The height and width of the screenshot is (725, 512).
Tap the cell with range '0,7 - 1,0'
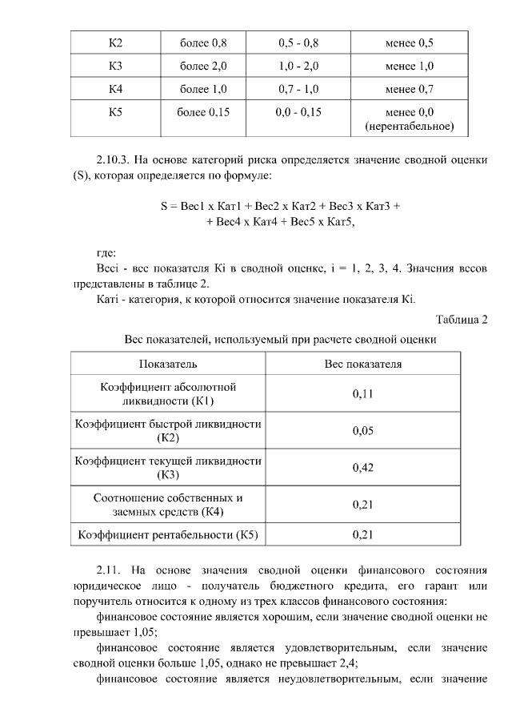coord(299,89)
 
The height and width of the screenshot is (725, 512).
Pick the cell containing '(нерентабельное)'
coord(409,127)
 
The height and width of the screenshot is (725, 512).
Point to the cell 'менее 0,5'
coord(409,42)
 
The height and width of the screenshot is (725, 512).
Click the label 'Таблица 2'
coord(462,320)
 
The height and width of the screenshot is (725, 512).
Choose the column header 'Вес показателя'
coord(362,364)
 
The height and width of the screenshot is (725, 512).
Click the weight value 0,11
coord(362,393)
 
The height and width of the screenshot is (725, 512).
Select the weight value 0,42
coord(362,467)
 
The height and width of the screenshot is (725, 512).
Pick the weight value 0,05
coord(362,430)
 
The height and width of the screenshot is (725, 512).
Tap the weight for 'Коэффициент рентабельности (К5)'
coord(362,534)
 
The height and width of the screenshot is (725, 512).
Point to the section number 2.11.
coord(108,570)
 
